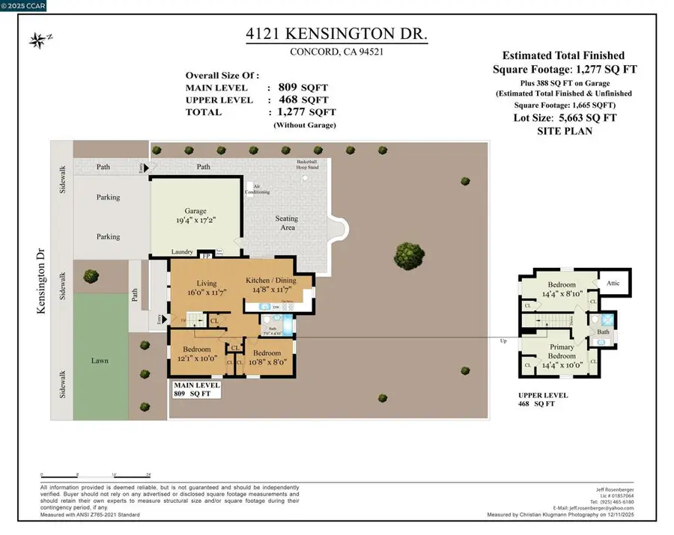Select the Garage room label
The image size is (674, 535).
coord(195,212)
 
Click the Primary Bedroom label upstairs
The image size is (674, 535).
coord(562,352)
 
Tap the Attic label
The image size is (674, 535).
coord(613,284)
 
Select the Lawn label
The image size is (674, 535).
coord(100,361)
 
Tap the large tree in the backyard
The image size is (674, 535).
coord(408,251)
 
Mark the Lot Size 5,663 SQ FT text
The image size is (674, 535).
coord(565,119)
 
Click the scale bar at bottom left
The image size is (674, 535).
coord(97,474)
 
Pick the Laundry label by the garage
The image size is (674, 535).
coord(183,252)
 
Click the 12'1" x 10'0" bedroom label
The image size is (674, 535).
coord(196,354)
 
